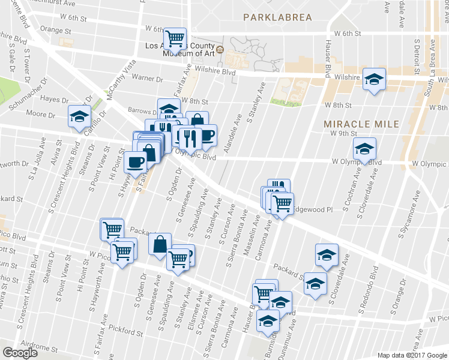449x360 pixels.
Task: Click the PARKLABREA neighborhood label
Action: [278, 17]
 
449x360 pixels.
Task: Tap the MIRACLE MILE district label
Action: [361, 124]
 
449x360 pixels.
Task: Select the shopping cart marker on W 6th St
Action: [175, 39]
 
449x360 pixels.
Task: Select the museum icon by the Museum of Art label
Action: [220, 49]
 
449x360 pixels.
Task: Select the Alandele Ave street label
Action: [232, 134]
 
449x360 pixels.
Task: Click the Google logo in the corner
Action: [20, 353]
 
